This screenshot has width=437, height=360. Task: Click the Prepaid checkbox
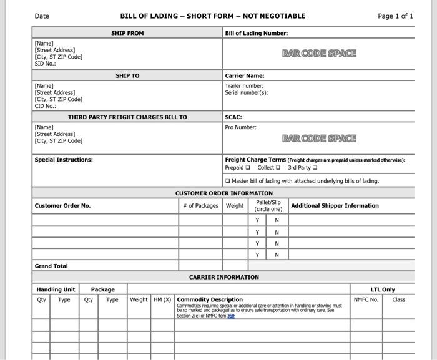pos(248,168)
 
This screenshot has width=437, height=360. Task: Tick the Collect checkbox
pos(278,168)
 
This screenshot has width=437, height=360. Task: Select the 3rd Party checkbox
pos(315,168)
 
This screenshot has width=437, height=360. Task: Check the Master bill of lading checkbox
pos(228,182)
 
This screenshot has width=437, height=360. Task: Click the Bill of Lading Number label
pos(256,33)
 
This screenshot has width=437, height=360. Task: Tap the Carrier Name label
pos(245,76)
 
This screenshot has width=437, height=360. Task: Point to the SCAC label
pos(233,117)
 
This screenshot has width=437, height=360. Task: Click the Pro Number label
pos(241,127)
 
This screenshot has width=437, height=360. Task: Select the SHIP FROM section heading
pos(127,33)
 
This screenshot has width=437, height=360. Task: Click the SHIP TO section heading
pos(127,76)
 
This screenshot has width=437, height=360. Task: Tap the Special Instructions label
pos(64,160)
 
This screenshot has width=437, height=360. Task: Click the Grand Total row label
pos(51,266)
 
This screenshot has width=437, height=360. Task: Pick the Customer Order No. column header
pos(62,205)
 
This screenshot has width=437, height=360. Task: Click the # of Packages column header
pos(201,205)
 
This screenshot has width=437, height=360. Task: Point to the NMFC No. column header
pos(366,299)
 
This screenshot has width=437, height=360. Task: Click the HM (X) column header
pos(162,299)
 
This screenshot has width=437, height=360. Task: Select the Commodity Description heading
pos(210,299)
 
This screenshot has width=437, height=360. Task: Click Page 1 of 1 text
pos(395,16)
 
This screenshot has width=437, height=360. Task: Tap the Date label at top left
pos(42,16)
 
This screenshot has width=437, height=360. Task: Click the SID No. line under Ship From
pos(46,64)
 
